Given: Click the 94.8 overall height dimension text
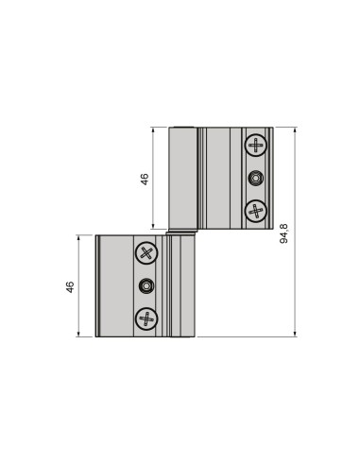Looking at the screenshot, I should click(x=284, y=232).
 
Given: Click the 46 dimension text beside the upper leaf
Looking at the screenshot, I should click(x=145, y=179).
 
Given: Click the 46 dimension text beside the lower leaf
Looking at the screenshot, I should click(x=70, y=286).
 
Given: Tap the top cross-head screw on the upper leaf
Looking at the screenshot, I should click(x=255, y=146).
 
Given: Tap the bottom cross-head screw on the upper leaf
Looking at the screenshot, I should click(x=255, y=211).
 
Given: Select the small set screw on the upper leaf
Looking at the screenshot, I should click(x=255, y=179).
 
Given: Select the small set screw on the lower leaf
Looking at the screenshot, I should click(x=145, y=285).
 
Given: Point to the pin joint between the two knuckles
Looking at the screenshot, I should click(x=183, y=232).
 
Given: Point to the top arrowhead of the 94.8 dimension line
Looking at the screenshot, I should click(x=295, y=130).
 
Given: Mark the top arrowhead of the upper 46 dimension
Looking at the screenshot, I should click(x=154, y=130).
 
